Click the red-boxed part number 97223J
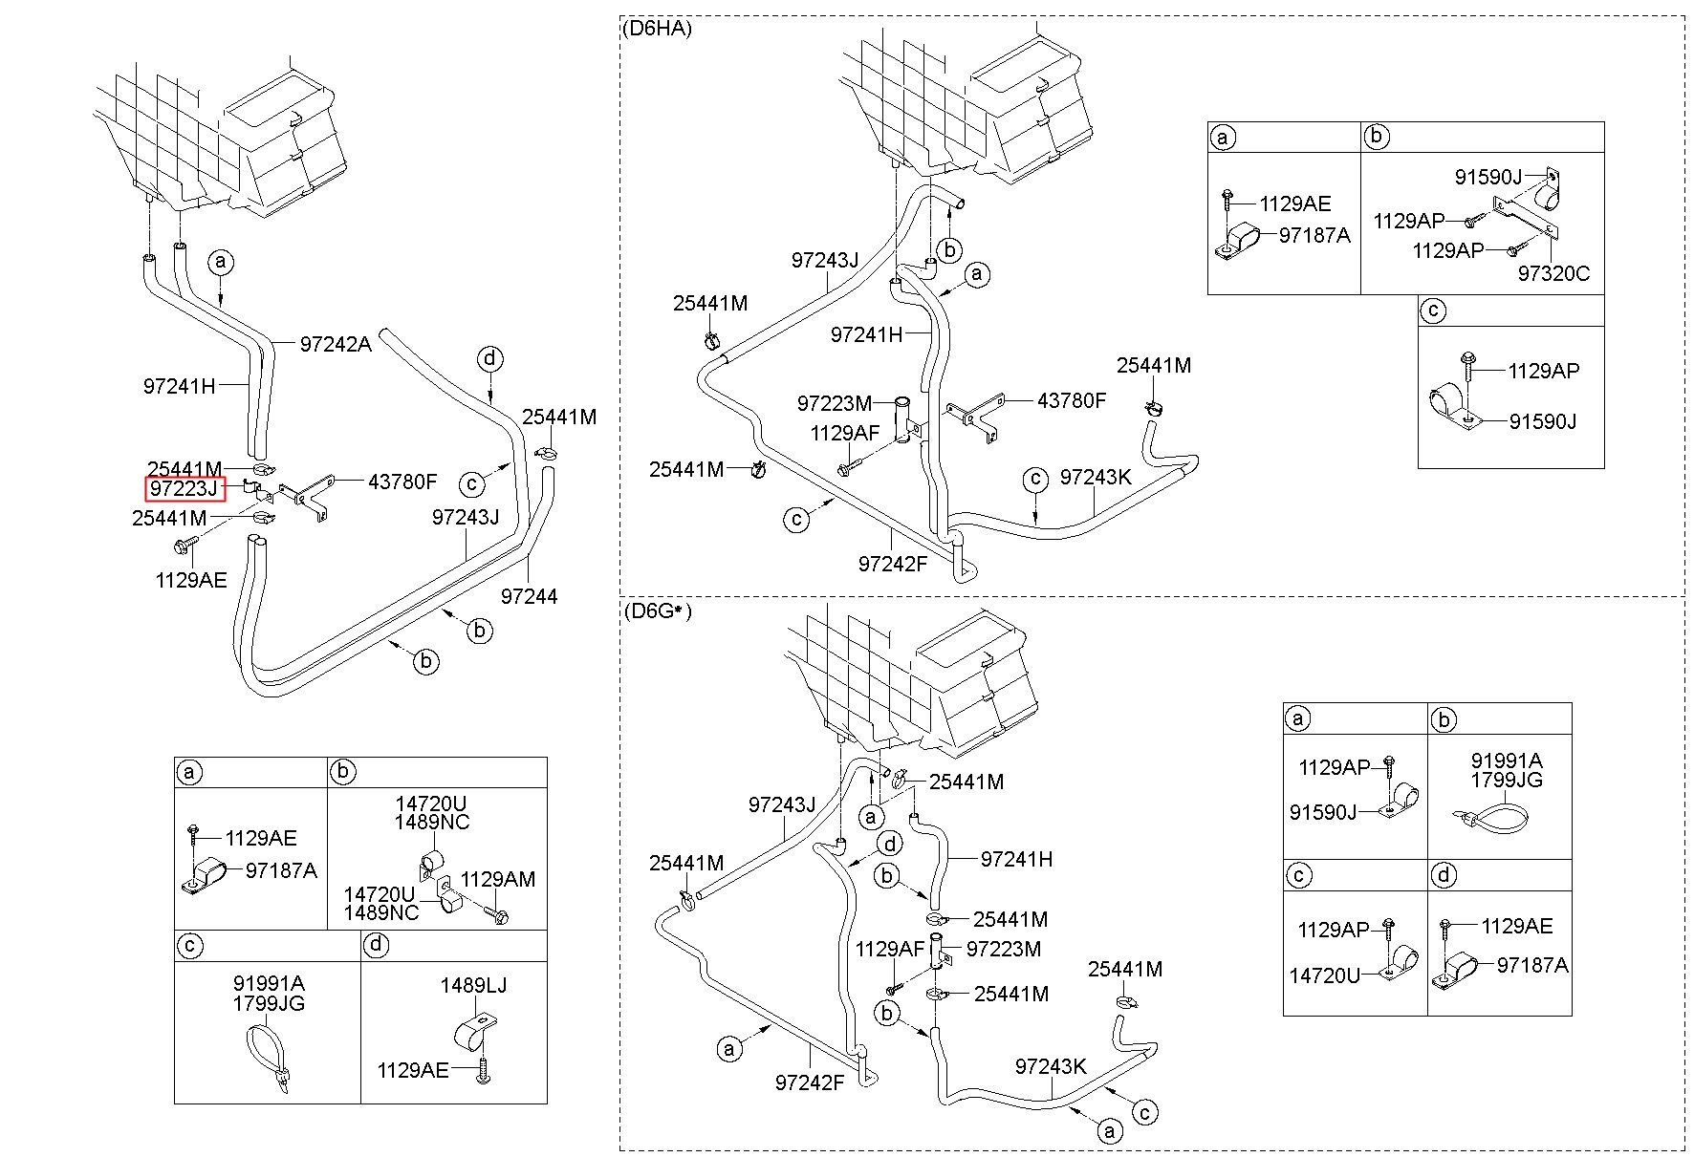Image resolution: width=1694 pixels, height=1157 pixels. (185, 490)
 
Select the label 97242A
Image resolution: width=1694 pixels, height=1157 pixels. (336, 345)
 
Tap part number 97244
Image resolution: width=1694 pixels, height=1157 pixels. (529, 596)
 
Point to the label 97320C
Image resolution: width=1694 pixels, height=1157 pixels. (1553, 274)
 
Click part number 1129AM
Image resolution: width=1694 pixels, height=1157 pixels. (498, 879)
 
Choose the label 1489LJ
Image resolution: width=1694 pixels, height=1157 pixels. (473, 985)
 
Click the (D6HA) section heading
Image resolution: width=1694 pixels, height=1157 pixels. (656, 29)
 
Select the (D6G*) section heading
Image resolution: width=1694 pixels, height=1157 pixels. (656, 611)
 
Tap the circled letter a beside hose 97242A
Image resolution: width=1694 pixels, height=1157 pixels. (221, 261)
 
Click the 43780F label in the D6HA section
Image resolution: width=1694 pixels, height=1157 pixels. (1071, 400)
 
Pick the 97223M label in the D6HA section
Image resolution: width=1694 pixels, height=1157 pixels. (835, 404)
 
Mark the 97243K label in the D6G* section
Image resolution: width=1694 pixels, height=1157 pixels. (1051, 1066)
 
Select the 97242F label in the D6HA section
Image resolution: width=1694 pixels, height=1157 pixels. (893, 564)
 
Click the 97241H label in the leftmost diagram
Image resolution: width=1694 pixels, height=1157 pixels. (180, 386)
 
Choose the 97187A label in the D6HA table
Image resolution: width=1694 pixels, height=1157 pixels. (1314, 236)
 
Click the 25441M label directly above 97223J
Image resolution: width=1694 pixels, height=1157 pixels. (185, 468)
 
